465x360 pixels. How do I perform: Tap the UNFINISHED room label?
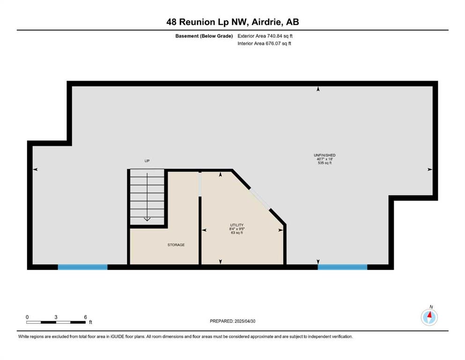click(x=325, y=155)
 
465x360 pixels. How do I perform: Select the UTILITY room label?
click(x=236, y=225)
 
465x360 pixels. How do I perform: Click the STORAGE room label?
click(x=176, y=245)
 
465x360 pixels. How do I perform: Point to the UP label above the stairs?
click(x=147, y=161)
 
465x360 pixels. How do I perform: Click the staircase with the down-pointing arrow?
click(x=147, y=197)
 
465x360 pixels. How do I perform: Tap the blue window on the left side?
click(x=82, y=267)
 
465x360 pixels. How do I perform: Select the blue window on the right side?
click(x=342, y=267)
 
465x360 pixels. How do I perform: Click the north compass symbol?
click(x=429, y=317)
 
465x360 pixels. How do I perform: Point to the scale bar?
click(x=56, y=322)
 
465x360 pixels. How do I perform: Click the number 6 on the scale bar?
click(x=85, y=317)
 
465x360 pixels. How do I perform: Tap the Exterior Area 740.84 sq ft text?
click(x=265, y=36)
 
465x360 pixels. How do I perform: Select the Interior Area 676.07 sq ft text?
click(x=264, y=43)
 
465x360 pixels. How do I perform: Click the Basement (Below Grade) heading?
click(x=204, y=36)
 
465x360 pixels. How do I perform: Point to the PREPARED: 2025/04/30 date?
click(x=232, y=321)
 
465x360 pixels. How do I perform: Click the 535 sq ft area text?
click(x=325, y=163)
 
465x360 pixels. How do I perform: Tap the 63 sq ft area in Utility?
click(x=236, y=232)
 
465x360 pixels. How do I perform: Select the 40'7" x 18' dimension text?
click(x=325, y=159)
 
